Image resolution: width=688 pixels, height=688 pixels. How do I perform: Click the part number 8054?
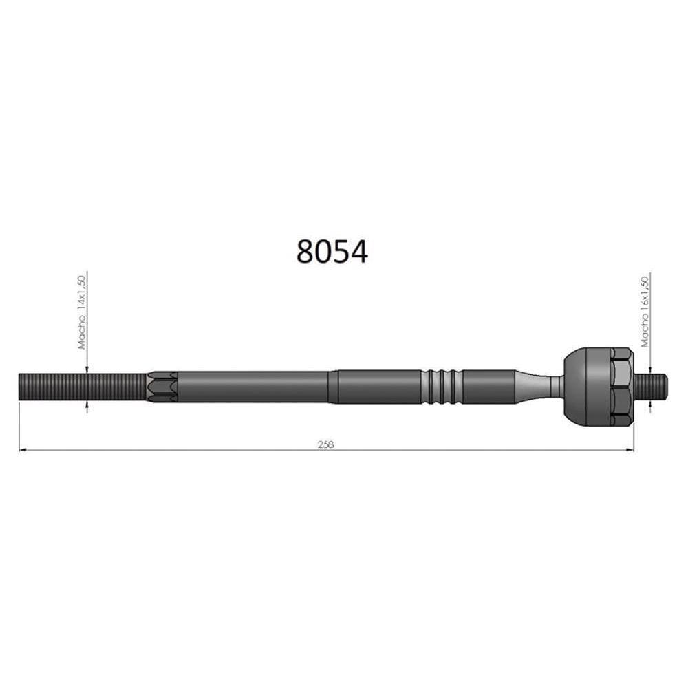coord(332,252)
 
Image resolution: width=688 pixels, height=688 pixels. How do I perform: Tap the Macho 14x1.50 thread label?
coord(81,312)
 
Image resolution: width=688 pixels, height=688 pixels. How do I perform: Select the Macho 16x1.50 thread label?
coord(645,312)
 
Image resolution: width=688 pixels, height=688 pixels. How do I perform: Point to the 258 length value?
coord(326,444)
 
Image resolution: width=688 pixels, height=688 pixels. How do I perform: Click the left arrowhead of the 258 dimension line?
coord(23,451)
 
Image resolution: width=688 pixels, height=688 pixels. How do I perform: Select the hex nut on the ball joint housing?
coord(620,385)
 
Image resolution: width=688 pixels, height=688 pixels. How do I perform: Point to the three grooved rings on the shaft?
coord(441,387)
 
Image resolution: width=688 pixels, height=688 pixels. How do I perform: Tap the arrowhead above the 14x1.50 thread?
coord(87,369)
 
